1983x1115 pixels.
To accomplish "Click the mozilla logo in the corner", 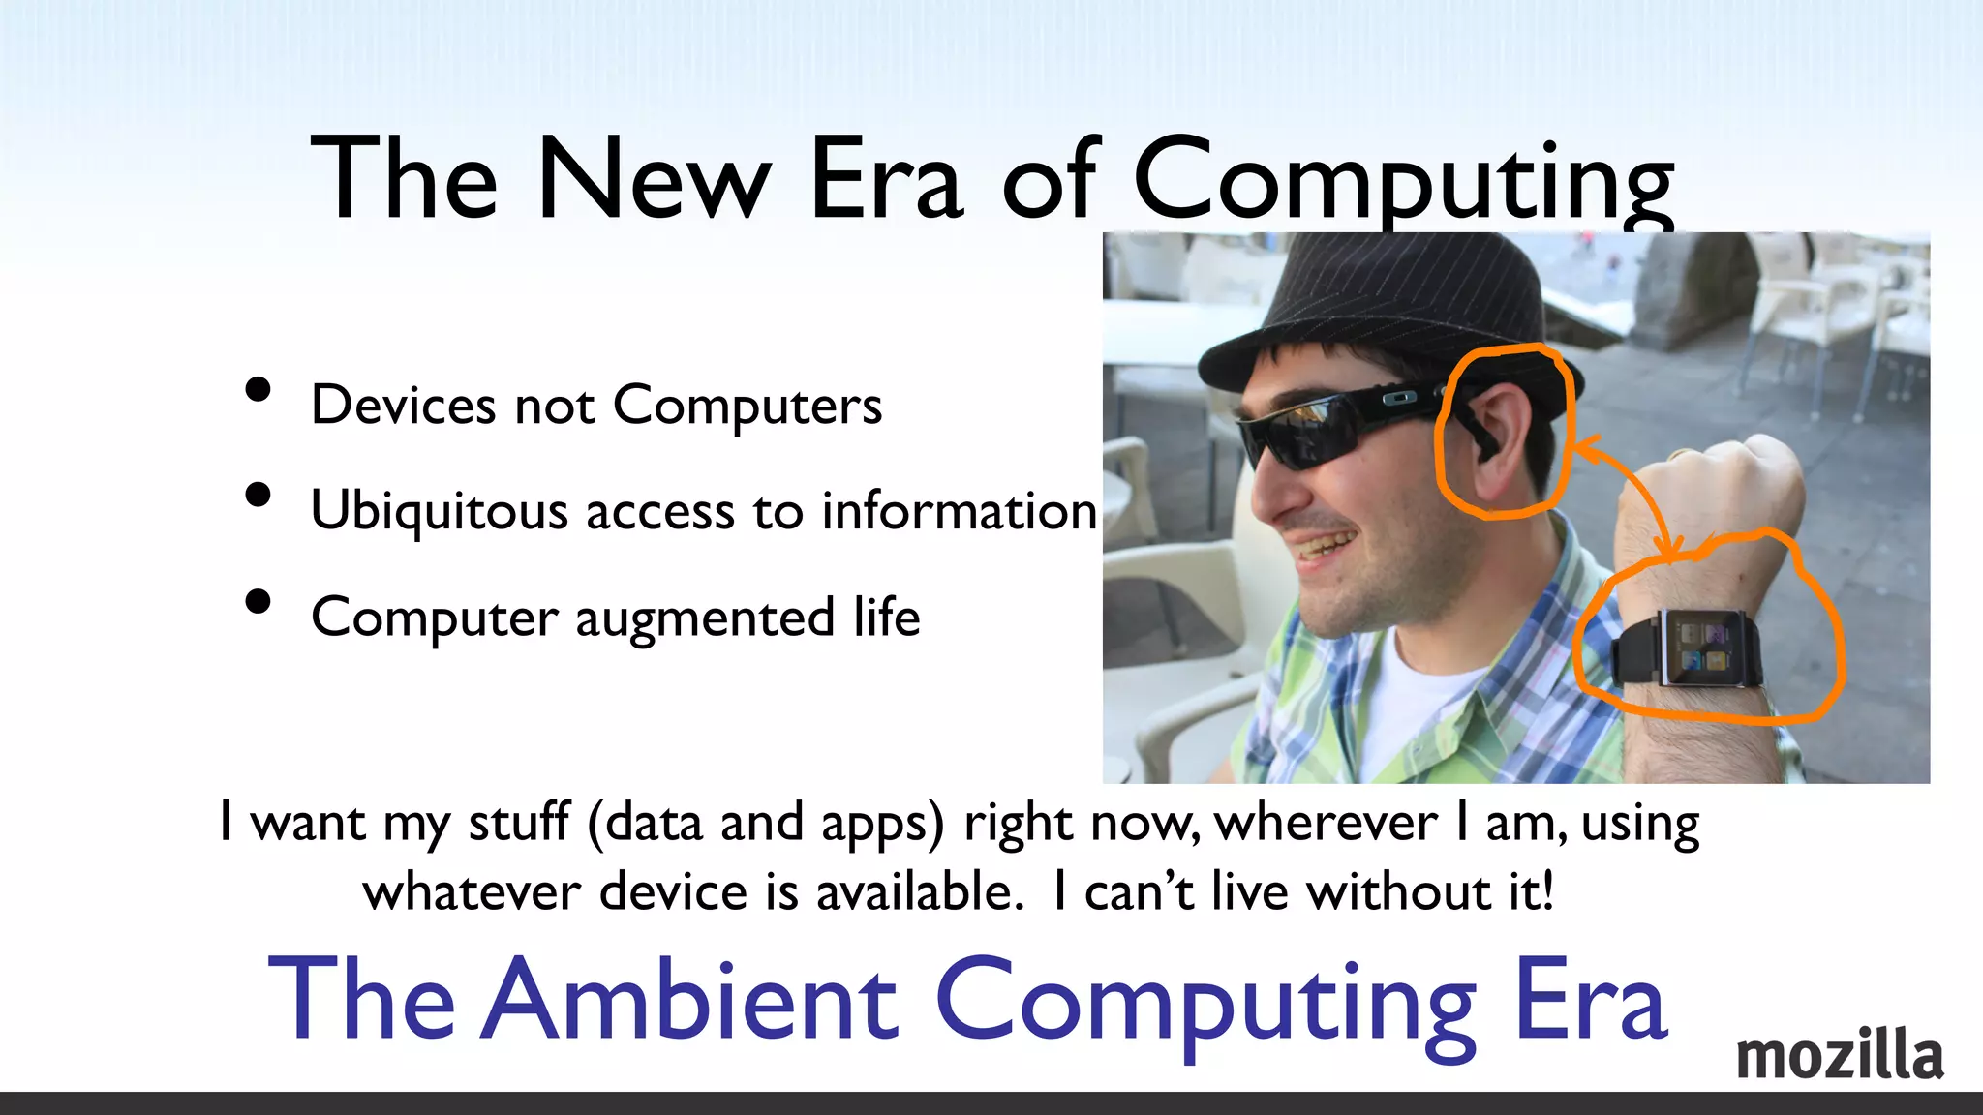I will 1839,1055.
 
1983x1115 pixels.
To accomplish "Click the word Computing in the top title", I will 1403,182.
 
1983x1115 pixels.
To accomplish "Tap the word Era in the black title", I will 886,180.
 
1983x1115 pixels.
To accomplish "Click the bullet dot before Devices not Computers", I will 258,390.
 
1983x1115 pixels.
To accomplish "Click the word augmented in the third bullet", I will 704,618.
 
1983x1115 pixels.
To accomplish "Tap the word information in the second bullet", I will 959,510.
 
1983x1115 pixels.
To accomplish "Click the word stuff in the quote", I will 519,823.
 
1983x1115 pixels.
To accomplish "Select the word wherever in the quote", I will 1326,823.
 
